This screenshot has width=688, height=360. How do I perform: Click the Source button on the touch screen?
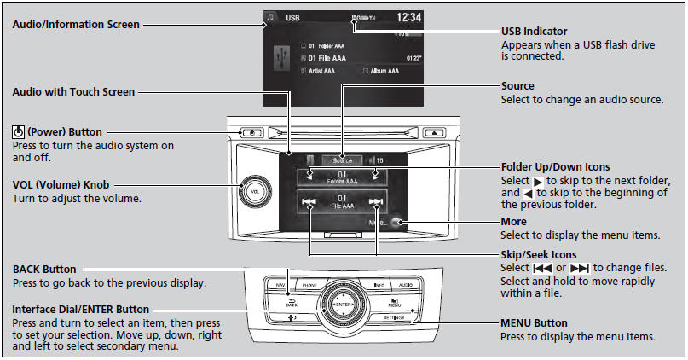click(x=342, y=160)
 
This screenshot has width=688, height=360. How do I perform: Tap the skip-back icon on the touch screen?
click(x=309, y=202)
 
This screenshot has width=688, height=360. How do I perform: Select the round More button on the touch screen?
click(x=398, y=223)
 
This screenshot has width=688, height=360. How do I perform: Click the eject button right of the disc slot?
click(x=432, y=133)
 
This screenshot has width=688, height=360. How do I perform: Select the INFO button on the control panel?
click(x=379, y=285)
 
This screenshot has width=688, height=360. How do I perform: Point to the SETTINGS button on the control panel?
click(x=394, y=316)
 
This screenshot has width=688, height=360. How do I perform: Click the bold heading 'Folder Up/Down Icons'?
click(x=555, y=166)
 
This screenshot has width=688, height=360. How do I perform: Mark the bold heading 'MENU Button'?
click(x=535, y=324)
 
